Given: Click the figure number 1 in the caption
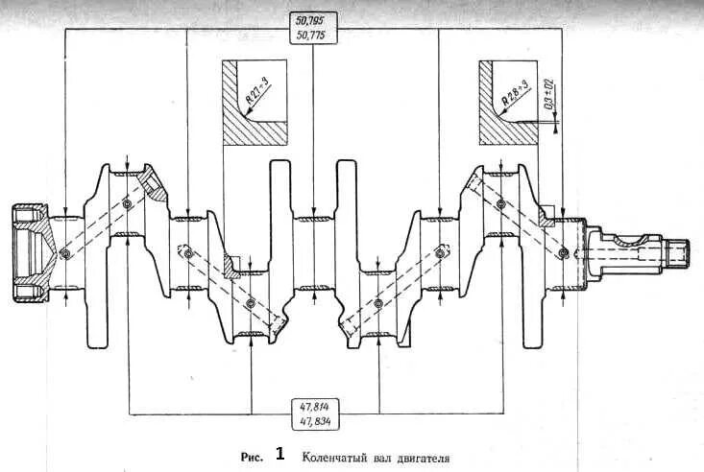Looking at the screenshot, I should pos(280,454).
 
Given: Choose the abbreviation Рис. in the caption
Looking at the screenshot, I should pos(249,457).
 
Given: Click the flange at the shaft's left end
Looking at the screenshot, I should pos(30,252).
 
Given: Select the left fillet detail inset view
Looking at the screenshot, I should pos(254,104).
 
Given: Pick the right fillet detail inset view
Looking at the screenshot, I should pos(509,104).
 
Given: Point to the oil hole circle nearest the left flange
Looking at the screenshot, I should pos(65,253).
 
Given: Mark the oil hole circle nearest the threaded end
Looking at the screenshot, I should pos(563,252).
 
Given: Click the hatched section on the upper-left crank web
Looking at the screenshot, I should pos(150,181).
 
